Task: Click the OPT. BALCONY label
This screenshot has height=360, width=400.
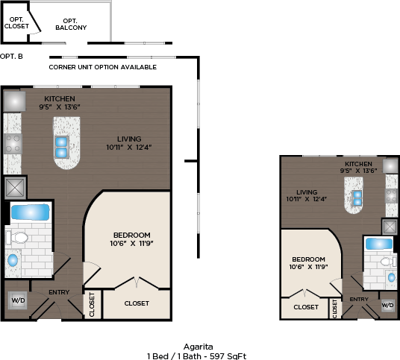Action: click(71, 24)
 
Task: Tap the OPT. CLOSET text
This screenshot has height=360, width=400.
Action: click(16, 22)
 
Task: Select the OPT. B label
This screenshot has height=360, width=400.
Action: click(11, 57)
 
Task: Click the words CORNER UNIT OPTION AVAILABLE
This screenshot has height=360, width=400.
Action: click(102, 67)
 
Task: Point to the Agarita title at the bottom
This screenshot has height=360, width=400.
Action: click(199, 347)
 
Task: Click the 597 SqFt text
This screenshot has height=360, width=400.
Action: click(228, 356)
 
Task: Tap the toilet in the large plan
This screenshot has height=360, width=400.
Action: click(17, 238)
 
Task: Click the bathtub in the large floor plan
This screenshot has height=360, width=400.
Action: click(30, 212)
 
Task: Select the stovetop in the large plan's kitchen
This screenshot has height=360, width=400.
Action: click(13, 144)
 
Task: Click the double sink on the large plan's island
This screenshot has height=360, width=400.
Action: click(61, 147)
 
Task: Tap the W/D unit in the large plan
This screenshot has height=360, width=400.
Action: click(18, 300)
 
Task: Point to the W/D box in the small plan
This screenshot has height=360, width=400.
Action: click(387, 306)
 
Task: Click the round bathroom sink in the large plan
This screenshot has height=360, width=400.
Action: click(13, 260)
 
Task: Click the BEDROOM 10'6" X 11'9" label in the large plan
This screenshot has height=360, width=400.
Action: click(131, 239)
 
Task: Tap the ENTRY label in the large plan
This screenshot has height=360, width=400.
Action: click(59, 292)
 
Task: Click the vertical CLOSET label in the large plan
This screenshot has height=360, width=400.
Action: click(92, 305)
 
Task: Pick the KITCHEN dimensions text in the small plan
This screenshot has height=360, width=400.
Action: click(358, 171)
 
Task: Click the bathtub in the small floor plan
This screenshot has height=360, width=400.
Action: click(379, 244)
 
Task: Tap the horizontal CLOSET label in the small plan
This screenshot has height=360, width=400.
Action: click(306, 307)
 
